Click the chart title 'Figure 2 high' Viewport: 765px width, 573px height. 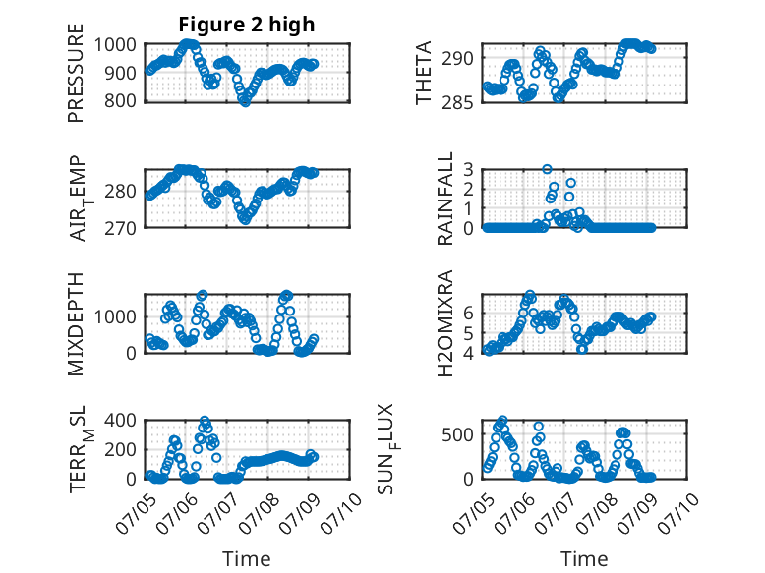[x=247, y=25]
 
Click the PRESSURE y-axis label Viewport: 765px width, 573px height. [x=76, y=73]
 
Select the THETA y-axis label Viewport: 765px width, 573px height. [x=424, y=73]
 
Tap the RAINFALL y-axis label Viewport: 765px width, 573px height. [x=445, y=198]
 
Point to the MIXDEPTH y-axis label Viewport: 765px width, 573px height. [x=76, y=323]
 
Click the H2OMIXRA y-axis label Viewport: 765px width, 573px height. [x=445, y=323]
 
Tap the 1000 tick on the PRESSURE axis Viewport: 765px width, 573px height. [x=115, y=45]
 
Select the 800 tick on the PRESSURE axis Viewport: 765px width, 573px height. [x=121, y=101]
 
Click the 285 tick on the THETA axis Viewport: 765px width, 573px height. [x=458, y=103]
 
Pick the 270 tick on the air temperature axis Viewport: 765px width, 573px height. [x=121, y=228]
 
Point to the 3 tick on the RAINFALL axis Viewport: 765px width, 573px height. [x=469, y=170]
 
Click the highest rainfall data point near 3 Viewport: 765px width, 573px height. [x=547, y=169]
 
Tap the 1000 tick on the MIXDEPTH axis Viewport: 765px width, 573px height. [x=115, y=317]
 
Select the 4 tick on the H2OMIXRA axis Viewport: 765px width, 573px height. [x=469, y=353]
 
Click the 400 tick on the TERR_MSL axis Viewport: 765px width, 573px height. [x=121, y=420]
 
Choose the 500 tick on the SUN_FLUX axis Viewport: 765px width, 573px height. [x=458, y=434]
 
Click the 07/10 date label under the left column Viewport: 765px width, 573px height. [x=342, y=513]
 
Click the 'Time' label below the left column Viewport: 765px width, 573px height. [x=247, y=558]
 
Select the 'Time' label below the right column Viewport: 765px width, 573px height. [x=584, y=558]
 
